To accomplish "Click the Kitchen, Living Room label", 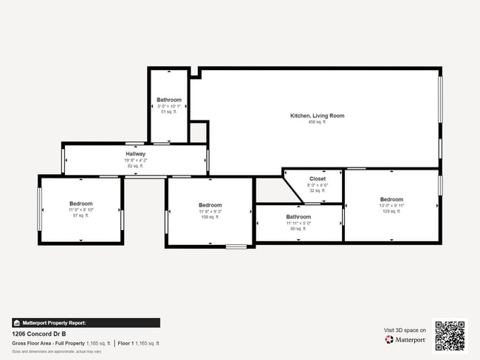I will pos(317,116).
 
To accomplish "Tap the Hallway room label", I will pos(135,154).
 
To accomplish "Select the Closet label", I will pos(317,179).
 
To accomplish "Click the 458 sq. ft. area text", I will pos(317,122).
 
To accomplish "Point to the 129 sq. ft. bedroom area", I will pos(391,212).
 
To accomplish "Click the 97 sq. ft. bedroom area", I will pos(80,215).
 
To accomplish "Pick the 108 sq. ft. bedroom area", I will pos(210,218).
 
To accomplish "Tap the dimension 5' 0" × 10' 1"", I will pos(168,106).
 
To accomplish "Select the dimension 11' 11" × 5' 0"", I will pos(298,223).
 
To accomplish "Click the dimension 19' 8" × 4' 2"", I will pos(135,160).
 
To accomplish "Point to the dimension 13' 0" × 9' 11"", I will pos(391,205).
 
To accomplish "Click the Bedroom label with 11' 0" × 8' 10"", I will pos(80,204).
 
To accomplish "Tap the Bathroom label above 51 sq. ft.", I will pos(168,100).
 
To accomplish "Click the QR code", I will pos(450,334).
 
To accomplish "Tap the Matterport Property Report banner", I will pos(86,322).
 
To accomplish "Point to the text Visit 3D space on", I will pos(405,330).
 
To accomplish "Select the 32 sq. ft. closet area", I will pos(317,190).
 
